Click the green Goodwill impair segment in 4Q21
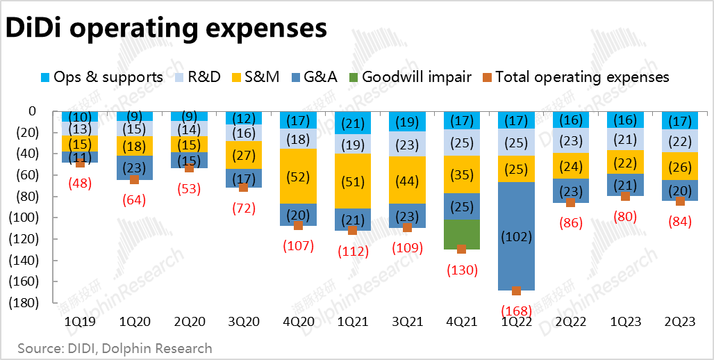(460, 234)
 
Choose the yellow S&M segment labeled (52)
(298, 177)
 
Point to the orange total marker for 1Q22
(516, 291)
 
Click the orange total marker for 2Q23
(680, 201)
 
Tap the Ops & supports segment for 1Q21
(352, 122)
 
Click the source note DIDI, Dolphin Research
(115, 347)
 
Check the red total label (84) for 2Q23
(680, 222)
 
